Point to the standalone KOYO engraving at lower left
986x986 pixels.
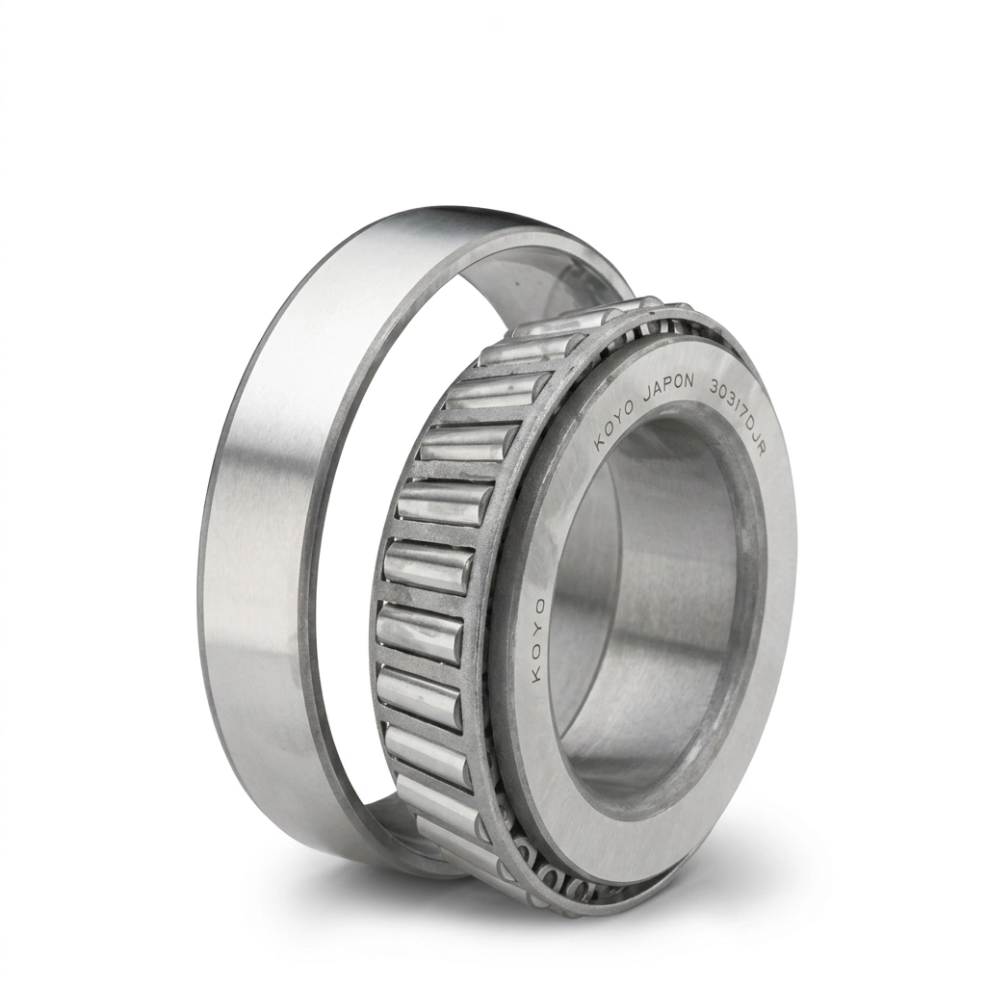pyautogui.click(x=537, y=640)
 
